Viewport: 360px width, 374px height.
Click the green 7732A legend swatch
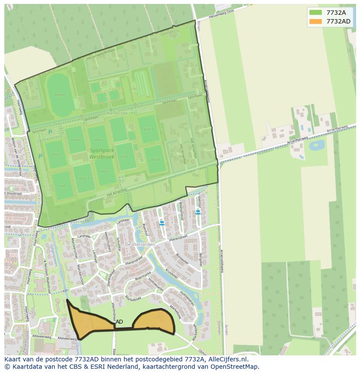pyautogui.click(x=316, y=13)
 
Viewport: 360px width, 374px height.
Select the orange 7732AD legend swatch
pyautogui.click(x=316, y=21)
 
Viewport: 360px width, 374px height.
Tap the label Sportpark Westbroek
pyautogui.click(x=102, y=153)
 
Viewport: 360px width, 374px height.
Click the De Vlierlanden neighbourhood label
pyautogui.click(x=140, y=245)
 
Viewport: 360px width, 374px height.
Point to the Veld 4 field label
pyautogui.click(x=76, y=140)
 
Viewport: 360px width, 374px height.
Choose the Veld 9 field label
pyautogui.click(x=149, y=129)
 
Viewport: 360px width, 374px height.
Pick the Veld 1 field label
pyautogui.click(x=63, y=186)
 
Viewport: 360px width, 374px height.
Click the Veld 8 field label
pyautogui.click(x=155, y=160)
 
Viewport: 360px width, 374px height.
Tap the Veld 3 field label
pyautogui.click(x=84, y=179)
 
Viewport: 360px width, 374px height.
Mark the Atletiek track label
pyautogui.click(x=60, y=94)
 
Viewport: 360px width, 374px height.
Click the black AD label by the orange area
pyautogui.click(x=119, y=322)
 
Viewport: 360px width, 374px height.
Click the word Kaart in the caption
pyautogui.click(x=13, y=360)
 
